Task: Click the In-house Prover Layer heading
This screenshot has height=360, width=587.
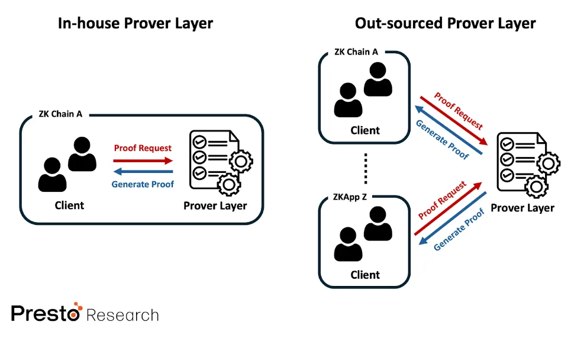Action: (135, 24)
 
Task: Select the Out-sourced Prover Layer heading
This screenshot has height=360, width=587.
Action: (445, 24)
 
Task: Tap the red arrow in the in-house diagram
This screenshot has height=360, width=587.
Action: (143, 160)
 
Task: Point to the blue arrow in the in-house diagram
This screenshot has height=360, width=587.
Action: (143, 172)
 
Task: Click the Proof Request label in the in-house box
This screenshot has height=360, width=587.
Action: (143, 148)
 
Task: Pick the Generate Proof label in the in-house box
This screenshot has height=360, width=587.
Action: (143, 184)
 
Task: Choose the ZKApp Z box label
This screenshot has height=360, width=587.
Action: (350, 196)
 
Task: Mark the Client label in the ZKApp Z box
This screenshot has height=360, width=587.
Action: (365, 275)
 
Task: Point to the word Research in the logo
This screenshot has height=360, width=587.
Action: (122, 314)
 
